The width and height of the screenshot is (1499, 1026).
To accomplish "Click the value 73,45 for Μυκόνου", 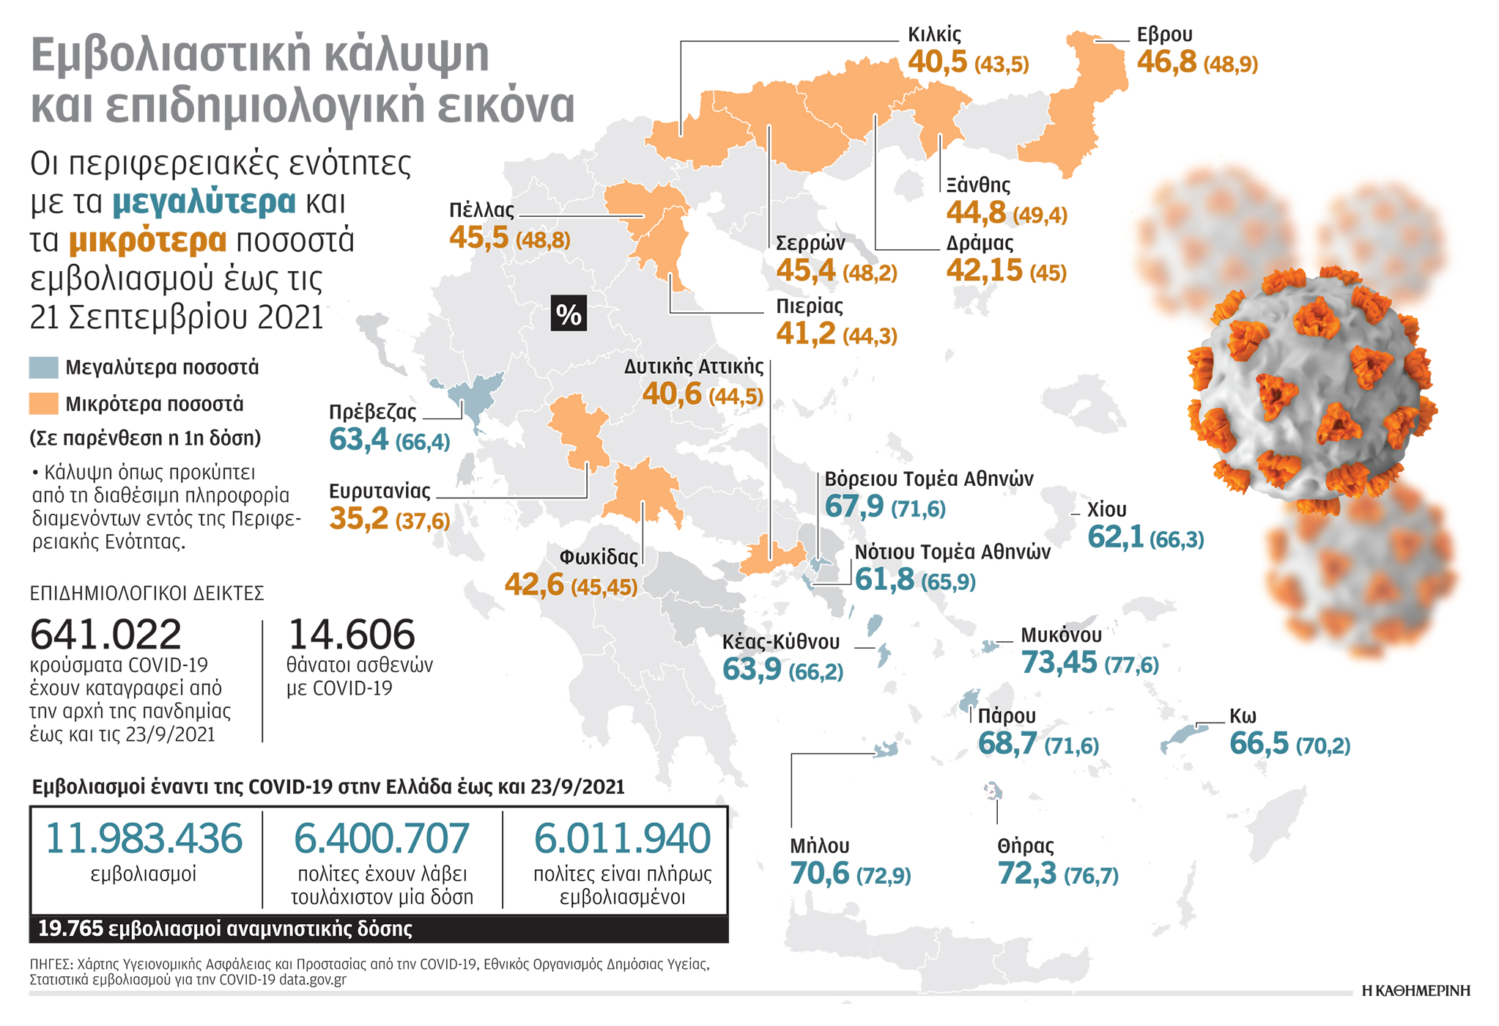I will (x=1059, y=663).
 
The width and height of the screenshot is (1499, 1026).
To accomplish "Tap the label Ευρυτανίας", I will (x=380, y=490).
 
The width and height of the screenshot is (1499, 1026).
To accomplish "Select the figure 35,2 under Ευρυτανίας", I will (x=359, y=519).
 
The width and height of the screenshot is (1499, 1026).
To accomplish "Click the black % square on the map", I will (x=569, y=314).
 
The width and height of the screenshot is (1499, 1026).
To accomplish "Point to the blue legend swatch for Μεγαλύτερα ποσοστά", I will (x=43, y=368).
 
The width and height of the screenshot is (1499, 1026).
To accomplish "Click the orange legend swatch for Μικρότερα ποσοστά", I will (x=43, y=404).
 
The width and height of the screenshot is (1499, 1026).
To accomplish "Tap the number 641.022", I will (x=106, y=635).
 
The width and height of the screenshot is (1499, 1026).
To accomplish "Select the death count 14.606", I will (x=352, y=635).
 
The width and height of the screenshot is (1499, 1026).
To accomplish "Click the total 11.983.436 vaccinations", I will (x=144, y=838).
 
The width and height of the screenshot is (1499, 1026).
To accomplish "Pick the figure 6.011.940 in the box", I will (x=622, y=838).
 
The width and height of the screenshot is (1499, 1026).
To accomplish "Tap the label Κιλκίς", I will (x=934, y=34).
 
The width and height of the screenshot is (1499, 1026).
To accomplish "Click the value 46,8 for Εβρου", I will (x=1166, y=62).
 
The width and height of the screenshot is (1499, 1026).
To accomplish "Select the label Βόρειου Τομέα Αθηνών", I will (x=929, y=479).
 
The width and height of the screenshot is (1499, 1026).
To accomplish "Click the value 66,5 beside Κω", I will (x=1259, y=744).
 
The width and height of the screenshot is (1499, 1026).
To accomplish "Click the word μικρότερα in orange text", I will (x=147, y=240).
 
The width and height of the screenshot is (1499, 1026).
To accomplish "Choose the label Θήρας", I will (x=1025, y=846).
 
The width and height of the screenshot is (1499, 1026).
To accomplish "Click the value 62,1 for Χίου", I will (x=1115, y=537).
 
